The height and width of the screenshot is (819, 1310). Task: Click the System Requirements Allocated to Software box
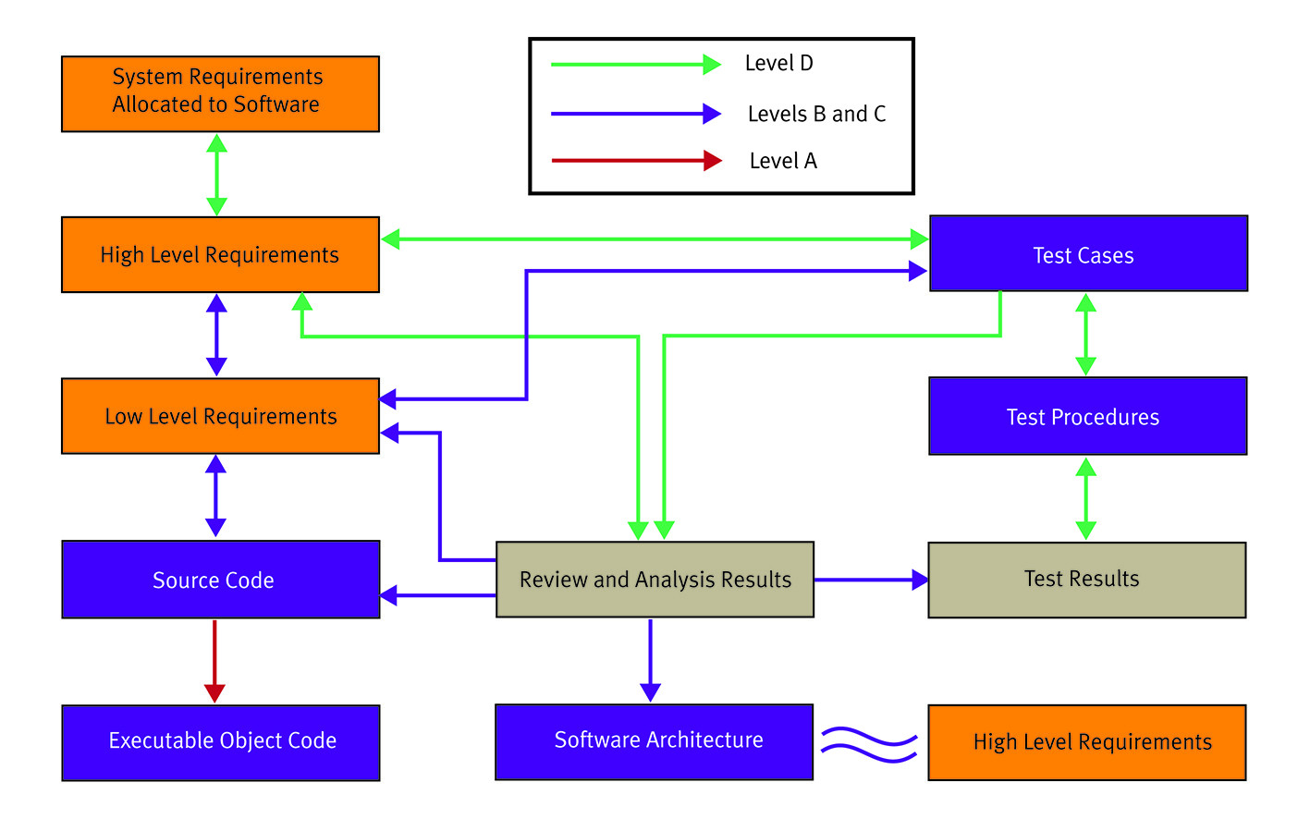pyautogui.click(x=220, y=93)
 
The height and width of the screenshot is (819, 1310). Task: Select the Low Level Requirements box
pyautogui.click(x=220, y=416)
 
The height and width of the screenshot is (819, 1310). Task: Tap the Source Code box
pyautogui.click(x=220, y=580)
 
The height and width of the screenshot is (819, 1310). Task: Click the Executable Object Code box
pyautogui.click(x=220, y=742)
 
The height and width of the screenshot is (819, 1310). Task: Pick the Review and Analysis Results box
pyautogui.click(x=655, y=580)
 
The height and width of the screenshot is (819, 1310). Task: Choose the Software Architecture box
pyautogui.click(x=654, y=742)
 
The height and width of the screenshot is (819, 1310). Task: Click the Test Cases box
pyautogui.click(x=1088, y=253)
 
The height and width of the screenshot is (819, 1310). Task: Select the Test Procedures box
pyautogui.click(x=1088, y=416)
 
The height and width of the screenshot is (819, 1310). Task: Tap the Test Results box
pyautogui.click(x=1087, y=580)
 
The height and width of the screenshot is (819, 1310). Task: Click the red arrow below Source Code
pyautogui.click(x=214, y=661)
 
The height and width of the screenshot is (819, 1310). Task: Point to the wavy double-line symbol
pyautogui.click(x=869, y=745)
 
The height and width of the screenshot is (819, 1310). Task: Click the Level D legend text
pyautogui.click(x=779, y=63)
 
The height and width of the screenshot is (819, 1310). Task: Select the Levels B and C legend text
pyautogui.click(x=817, y=114)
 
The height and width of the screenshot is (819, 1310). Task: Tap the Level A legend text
pyautogui.click(x=783, y=161)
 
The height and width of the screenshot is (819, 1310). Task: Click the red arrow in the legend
pyautogui.click(x=637, y=160)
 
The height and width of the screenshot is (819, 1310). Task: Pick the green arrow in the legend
pyautogui.click(x=636, y=64)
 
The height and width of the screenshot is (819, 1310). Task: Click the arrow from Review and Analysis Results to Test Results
pyautogui.click(x=872, y=580)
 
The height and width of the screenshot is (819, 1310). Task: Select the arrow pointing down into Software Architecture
pyautogui.click(x=650, y=661)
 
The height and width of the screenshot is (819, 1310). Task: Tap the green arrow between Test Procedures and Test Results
pyautogui.click(x=1086, y=498)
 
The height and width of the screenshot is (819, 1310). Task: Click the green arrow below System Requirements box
pyautogui.click(x=217, y=175)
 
